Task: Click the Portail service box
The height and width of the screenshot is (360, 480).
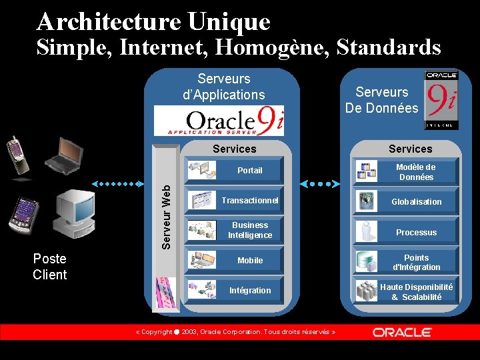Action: point(235,170)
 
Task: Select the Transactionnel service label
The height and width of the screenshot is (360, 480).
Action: point(250,201)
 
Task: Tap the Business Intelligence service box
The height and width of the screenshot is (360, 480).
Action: point(235,231)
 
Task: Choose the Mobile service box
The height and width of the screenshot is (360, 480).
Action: point(235,261)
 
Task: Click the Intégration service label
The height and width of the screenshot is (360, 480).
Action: point(250,291)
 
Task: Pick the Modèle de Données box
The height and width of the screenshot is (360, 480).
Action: point(407,172)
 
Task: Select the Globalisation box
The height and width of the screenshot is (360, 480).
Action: point(407,201)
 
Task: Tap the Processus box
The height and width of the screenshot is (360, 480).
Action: point(407,232)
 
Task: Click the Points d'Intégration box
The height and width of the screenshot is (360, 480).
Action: point(407,263)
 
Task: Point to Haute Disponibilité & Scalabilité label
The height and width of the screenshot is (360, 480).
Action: point(416,292)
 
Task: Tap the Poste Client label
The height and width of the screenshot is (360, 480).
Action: point(50,267)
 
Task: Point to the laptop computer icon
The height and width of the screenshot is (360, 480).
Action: point(65,155)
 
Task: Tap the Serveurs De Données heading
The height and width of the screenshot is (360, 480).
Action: point(381,100)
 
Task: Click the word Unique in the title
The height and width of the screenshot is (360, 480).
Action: point(229,22)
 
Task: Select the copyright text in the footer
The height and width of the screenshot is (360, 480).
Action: point(235,332)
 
